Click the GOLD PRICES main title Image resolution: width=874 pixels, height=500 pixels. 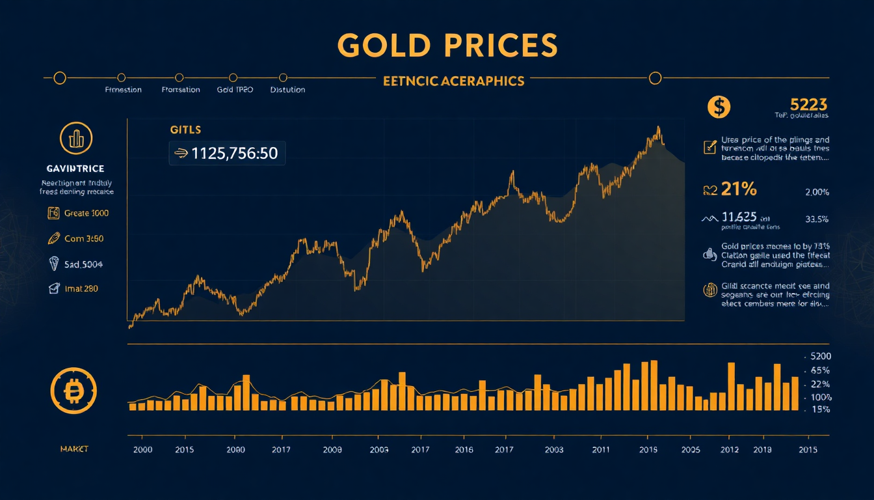coord(447,46)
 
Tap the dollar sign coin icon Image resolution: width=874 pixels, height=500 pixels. coord(719,107)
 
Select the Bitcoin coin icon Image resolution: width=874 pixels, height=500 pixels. coord(73,391)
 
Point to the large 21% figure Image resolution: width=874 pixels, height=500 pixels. coord(739,189)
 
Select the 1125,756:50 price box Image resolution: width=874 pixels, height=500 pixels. coord(228,154)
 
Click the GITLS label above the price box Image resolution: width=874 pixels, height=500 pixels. coord(185,130)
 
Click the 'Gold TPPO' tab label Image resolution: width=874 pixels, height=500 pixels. coord(235,90)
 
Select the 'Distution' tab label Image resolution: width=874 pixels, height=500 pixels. coord(287,90)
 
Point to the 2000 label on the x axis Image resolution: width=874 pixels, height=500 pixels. coord(142,450)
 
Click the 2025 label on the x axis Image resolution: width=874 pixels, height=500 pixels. coord(691,450)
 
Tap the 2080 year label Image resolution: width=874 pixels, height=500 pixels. coord(235,450)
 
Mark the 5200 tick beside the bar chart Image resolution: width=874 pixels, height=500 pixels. coord(819,357)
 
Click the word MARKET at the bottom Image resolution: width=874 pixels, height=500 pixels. coord(74,450)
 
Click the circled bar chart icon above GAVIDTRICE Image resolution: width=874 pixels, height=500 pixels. coord(76,139)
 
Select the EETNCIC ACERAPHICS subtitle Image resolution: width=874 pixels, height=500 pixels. coord(453,81)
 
